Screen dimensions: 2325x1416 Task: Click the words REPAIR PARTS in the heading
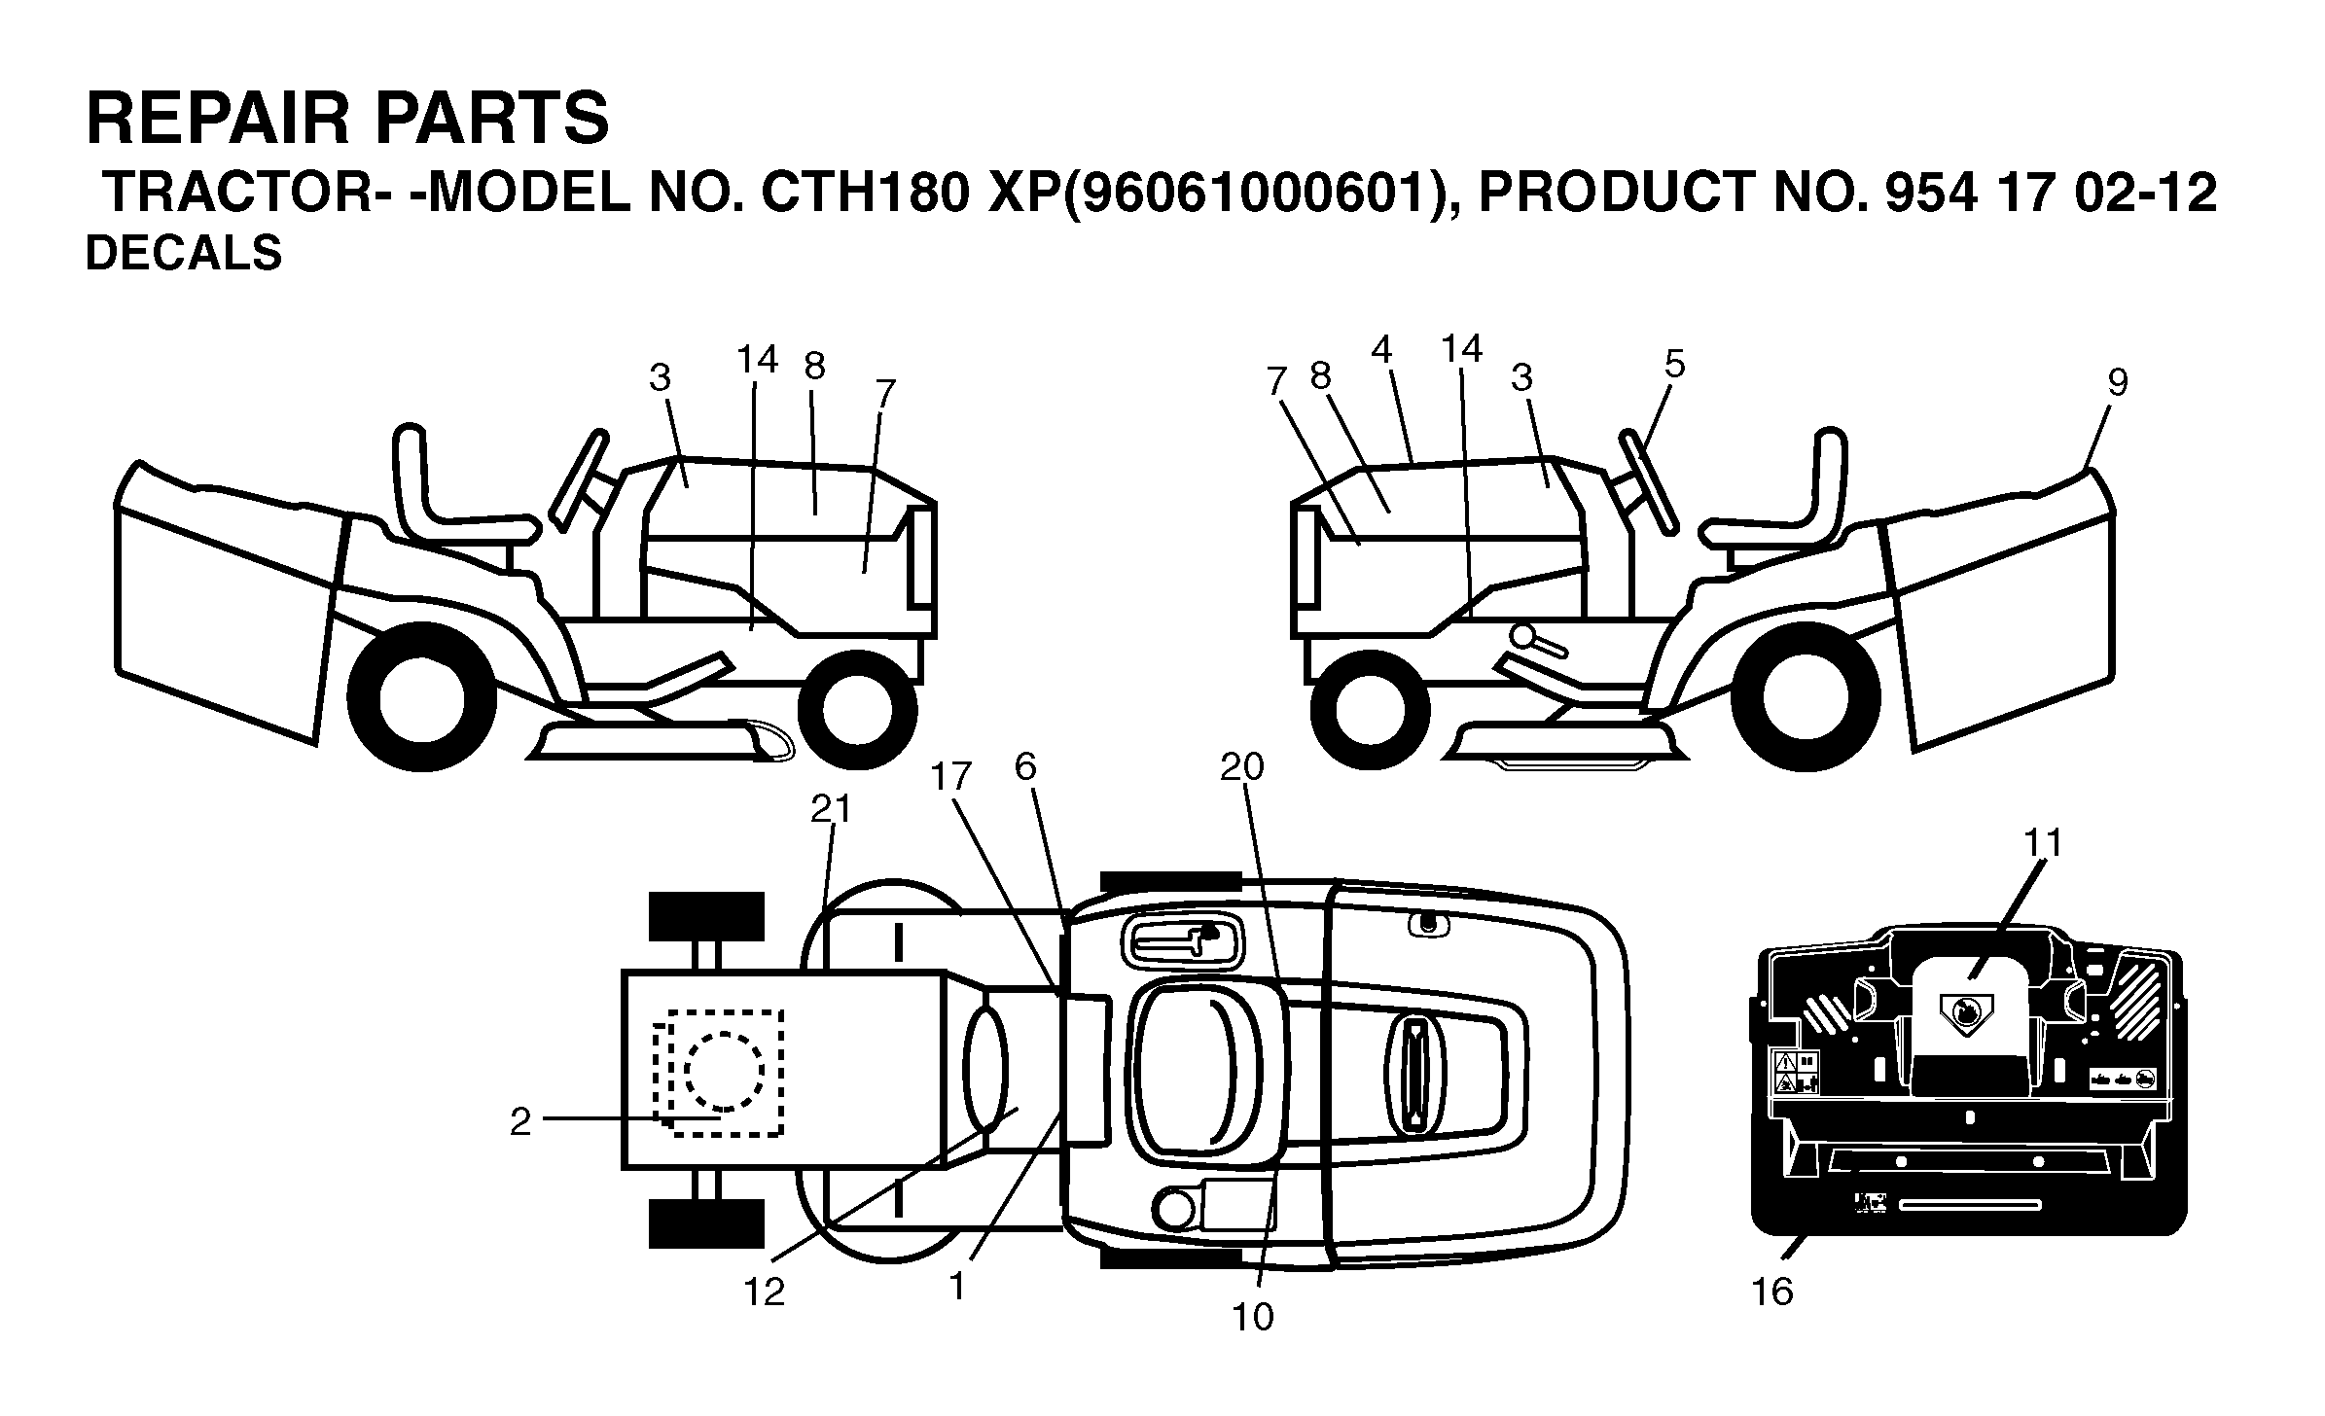click(347, 119)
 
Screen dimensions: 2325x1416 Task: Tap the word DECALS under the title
click(184, 254)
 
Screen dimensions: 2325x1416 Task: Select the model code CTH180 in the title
click(866, 193)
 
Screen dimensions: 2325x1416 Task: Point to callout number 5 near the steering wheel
click(1674, 364)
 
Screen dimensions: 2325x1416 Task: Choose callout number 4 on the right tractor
click(1382, 349)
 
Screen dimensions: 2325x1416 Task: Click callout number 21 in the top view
click(831, 809)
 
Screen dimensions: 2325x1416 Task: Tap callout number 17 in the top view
click(951, 776)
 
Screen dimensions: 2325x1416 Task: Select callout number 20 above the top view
click(1242, 766)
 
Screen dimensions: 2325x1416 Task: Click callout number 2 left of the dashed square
click(520, 1122)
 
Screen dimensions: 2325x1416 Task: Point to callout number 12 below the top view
click(764, 1292)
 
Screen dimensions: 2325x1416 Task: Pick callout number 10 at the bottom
click(1252, 1317)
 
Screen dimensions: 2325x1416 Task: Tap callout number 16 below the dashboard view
click(1771, 1292)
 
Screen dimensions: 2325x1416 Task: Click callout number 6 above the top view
click(1025, 767)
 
